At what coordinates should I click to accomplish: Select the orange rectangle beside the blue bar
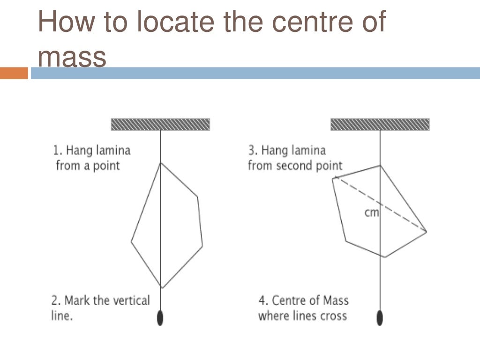coord(14,73)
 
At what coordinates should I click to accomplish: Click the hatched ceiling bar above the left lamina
coord(160,125)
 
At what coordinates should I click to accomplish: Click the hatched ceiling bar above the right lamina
coord(380,125)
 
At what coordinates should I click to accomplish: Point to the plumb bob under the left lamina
coord(160,318)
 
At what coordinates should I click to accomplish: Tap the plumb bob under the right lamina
coord(380,318)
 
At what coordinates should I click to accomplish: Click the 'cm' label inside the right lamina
coord(372,212)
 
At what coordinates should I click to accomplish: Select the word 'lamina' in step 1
coord(113,150)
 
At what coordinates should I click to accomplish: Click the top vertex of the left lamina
coord(160,163)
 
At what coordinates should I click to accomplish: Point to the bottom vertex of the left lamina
coord(162,288)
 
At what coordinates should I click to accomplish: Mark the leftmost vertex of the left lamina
coord(132,241)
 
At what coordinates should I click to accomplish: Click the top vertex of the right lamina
coord(380,166)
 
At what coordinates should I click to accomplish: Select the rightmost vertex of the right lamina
coord(427,232)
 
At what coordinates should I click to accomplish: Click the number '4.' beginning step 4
coord(263,300)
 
